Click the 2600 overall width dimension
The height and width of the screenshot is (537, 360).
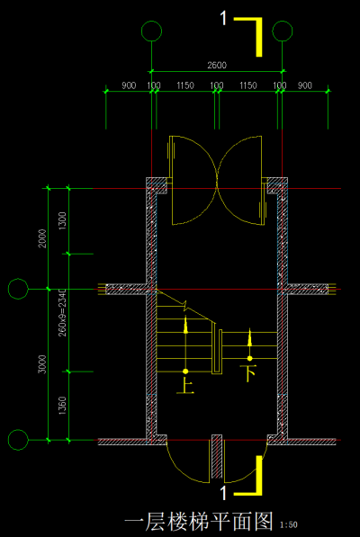click(216, 65)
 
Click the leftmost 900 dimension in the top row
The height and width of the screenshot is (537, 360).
click(128, 85)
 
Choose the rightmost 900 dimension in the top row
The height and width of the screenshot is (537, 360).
click(303, 85)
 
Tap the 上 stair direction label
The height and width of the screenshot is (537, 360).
click(186, 388)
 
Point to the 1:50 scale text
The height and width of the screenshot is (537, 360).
click(290, 524)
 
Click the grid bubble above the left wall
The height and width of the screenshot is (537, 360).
click(151, 32)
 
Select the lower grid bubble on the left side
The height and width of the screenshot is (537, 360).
click(17, 440)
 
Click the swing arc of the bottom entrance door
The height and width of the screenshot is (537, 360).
click(180, 468)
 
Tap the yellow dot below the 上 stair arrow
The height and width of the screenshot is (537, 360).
click(185, 371)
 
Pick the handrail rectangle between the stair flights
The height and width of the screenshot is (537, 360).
click(217, 352)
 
